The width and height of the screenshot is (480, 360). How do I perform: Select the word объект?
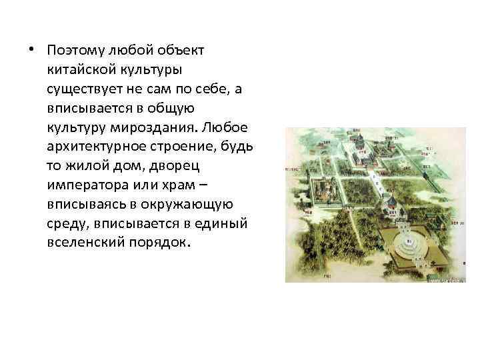coord(186,51)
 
